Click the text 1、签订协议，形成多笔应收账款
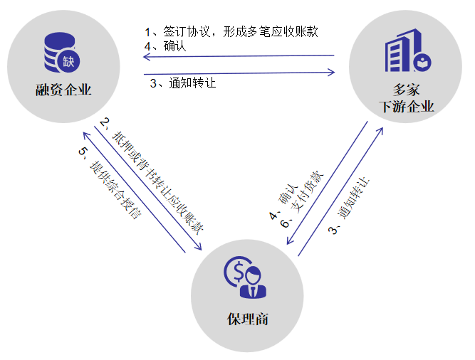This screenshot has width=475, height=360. pos(231,32)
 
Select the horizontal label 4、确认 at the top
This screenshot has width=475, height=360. pos(165,46)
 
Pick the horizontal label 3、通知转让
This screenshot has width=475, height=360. pos(183,83)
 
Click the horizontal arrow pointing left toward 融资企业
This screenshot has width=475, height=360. pos(239,56)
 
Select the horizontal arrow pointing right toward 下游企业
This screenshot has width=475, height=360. pos(239,72)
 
